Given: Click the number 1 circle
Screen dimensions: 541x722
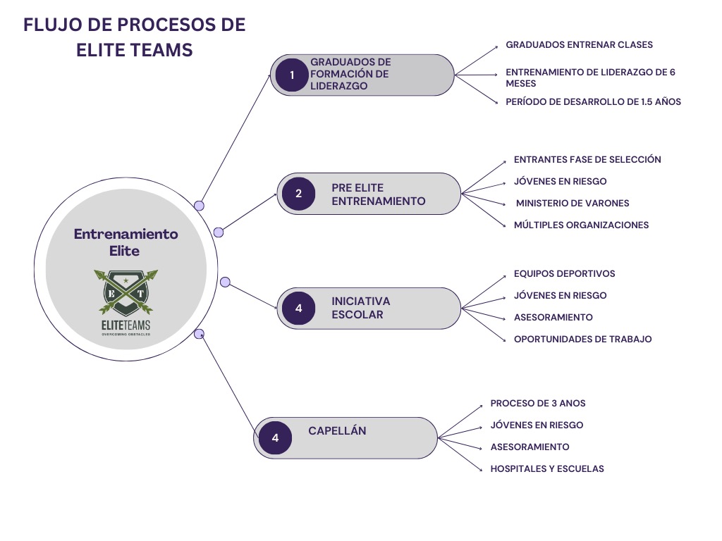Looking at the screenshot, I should [x=291, y=75].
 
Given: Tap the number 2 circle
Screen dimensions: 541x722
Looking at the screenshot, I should [x=298, y=193].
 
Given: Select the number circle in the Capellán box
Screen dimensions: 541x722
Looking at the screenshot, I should [x=275, y=438].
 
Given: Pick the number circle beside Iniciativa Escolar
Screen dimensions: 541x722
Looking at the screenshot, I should [x=298, y=308].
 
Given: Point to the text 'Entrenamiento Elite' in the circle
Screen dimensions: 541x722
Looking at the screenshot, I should [x=126, y=242].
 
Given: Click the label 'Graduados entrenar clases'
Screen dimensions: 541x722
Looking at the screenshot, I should [x=579, y=44].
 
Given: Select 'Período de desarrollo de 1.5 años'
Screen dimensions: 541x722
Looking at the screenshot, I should [x=593, y=101].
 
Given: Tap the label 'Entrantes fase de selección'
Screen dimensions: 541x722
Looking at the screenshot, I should [x=587, y=159].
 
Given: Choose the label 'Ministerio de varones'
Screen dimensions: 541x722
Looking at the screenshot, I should [x=573, y=203].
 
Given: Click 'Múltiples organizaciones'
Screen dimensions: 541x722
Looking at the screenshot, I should [x=581, y=225].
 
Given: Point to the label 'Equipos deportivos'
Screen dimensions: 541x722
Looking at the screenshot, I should [x=564, y=273].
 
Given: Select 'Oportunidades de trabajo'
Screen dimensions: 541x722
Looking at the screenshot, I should [x=582, y=339].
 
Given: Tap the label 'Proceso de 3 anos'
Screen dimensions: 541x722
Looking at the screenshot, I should [x=538, y=404].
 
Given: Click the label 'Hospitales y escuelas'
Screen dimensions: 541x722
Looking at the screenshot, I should [x=547, y=468].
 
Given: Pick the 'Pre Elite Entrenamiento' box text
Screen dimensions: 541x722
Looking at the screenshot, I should [x=378, y=194].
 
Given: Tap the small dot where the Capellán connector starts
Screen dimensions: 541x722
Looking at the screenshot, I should [x=199, y=333].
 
